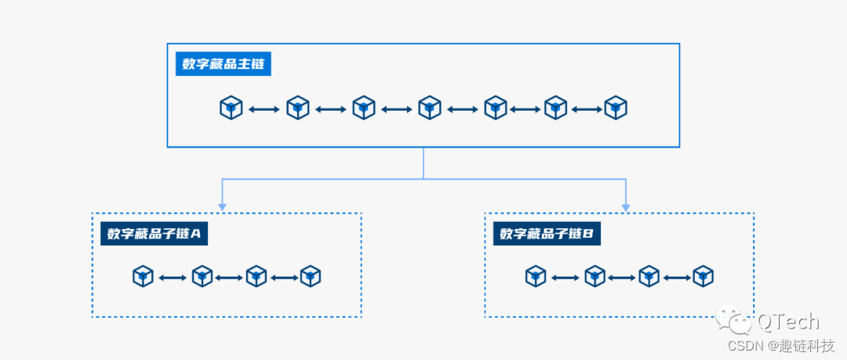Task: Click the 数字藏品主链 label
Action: (224, 64)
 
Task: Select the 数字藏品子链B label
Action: (547, 234)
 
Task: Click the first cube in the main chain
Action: (231, 108)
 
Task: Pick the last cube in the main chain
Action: (616, 108)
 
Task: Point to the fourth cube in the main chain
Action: (429, 108)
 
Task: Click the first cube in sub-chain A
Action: (143, 276)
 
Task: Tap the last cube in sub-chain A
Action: (311, 276)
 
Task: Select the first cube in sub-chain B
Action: (536, 276)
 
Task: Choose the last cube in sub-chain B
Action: (703, 276)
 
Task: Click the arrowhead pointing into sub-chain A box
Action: (222, 206)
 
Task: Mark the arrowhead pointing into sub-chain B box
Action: (626, 206)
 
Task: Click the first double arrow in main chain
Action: (264, 109)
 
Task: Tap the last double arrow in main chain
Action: (587, 109)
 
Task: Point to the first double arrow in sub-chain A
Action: (173, 277)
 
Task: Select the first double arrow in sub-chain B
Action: (565, 277)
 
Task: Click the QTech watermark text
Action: (787, 322)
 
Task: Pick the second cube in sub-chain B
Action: (594, 276)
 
